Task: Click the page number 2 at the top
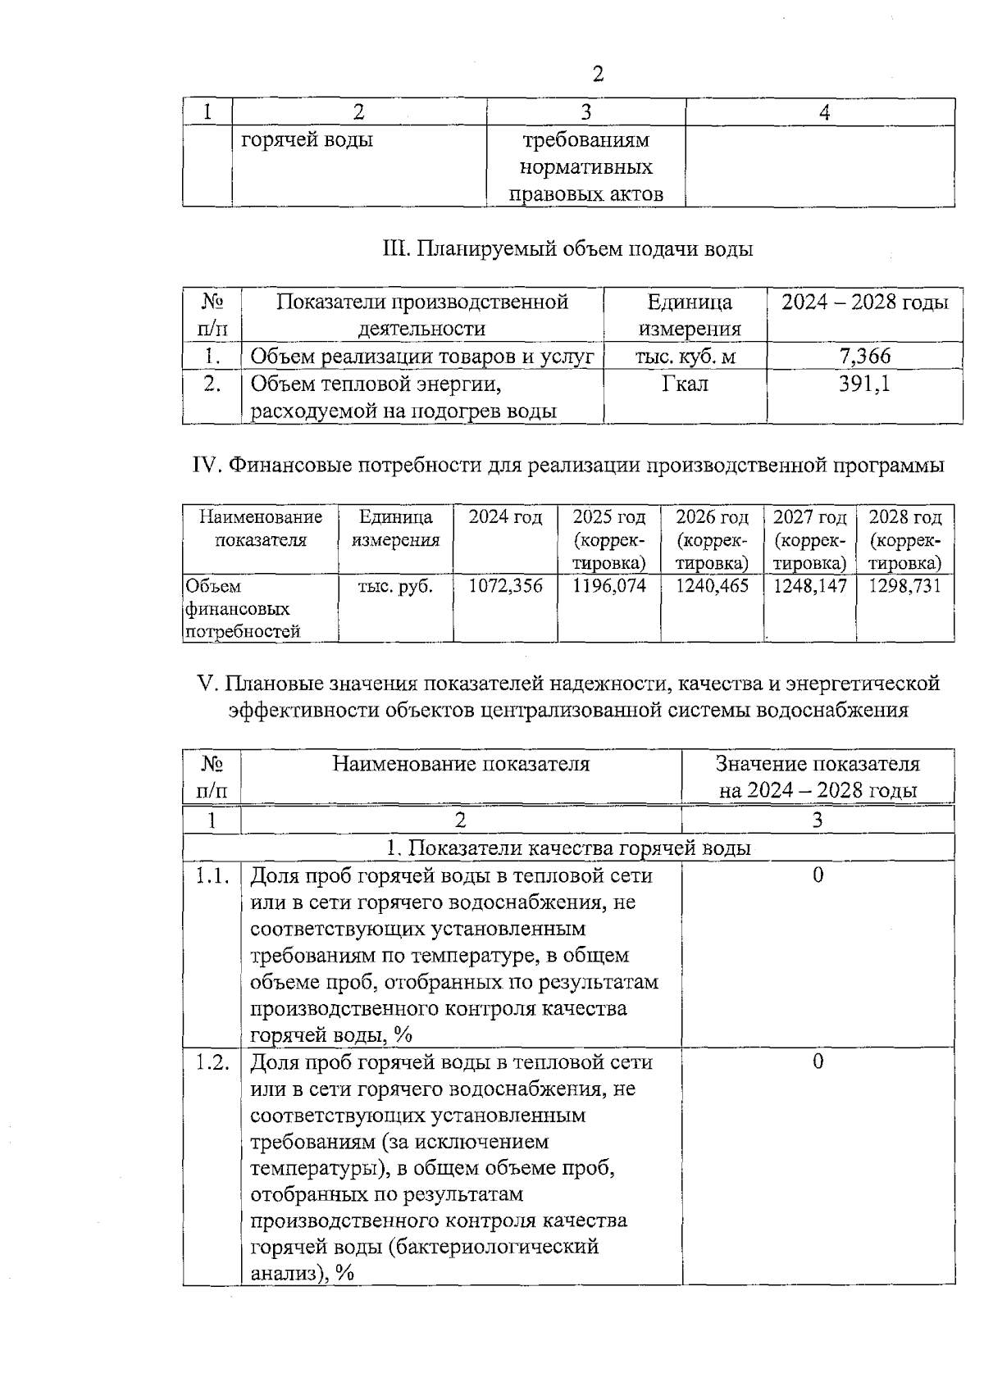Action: point(597,75)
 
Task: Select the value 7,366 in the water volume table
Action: point(864,356)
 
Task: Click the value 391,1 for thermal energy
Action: point(864,384)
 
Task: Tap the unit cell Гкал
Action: point(685,384)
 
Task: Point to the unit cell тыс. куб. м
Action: point(685,356)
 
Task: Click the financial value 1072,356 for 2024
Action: point(505,586)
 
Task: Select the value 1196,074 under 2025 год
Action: point(609,586)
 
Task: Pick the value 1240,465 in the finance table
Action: point(712,586)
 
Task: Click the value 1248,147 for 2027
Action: point(809,586)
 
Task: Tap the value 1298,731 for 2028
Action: point(905,586)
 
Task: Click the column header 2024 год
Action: point(505,518)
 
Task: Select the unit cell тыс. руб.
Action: point(395,586)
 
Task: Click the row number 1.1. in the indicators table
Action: point(212,876)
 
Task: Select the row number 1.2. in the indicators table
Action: point(212,1063)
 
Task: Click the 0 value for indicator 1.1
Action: point(818,876)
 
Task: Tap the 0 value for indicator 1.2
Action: point(818,1063)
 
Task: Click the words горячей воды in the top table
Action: point(307,140)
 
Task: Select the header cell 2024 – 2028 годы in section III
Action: point(864,302)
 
